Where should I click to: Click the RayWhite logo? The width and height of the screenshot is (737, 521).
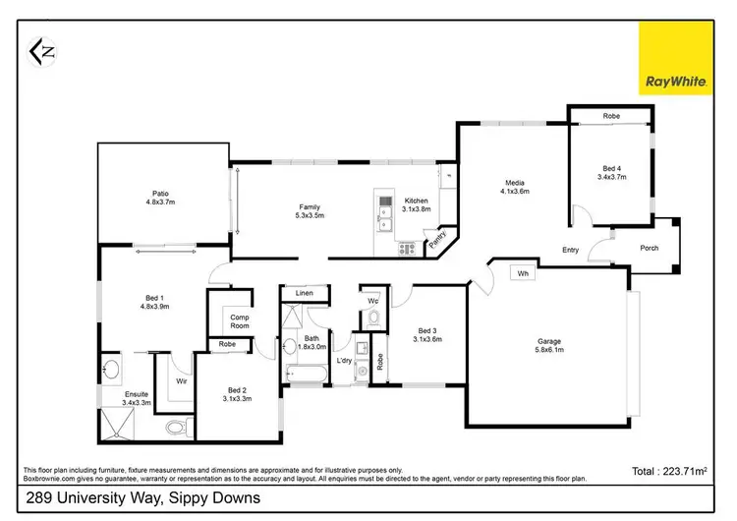click(x=677, y=60)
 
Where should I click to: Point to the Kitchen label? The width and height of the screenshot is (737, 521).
click(x=417, y=203)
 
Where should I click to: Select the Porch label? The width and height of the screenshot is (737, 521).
click(x=650, y=248)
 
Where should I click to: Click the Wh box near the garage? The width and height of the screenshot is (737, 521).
click(x=523, y=273)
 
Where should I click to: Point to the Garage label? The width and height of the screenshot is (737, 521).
click(x=549, y=345)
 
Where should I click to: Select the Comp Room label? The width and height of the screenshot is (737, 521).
click(x=239, y=320)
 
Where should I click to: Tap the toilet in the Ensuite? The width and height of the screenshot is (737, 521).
click(x=176, y=427)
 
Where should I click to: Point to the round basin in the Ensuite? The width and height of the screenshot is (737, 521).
click(x=111, y=372)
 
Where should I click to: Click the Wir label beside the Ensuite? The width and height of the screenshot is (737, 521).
click(x=182, y=379)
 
